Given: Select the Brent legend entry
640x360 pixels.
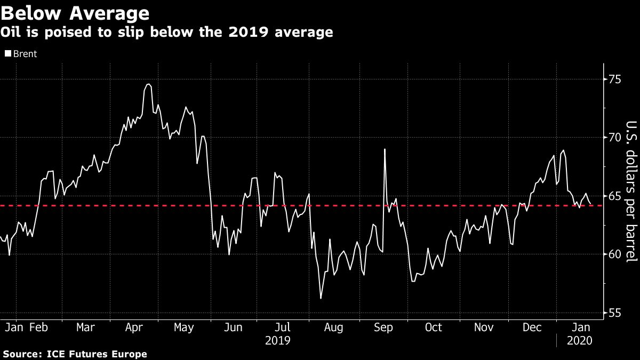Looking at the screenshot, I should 21,54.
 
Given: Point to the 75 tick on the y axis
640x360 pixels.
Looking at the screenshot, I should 615,79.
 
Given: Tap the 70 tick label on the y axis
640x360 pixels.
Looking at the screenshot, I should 615,138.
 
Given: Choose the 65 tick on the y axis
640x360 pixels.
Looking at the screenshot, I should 615,196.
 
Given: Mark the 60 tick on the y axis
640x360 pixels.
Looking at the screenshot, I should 615,254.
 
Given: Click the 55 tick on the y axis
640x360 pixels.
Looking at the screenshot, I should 615,313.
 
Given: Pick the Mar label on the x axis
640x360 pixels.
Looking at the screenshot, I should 85,327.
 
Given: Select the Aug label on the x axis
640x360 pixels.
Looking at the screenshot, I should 333,327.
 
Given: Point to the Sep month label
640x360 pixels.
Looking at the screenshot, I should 384,327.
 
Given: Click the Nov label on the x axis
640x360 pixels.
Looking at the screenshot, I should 484,327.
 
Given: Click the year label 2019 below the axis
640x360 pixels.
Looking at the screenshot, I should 278,340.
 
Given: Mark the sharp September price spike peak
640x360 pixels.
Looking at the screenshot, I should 385,149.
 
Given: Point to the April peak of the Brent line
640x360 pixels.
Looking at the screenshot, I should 148,84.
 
